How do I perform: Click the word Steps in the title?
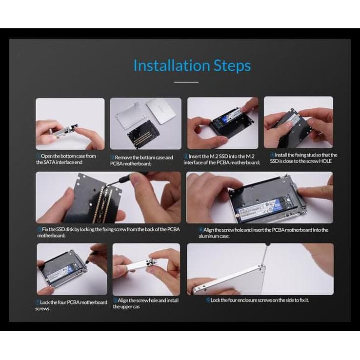232,66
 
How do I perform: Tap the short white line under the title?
186,82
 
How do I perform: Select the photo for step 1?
70,123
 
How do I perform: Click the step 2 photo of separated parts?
145,123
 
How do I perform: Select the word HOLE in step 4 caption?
324,161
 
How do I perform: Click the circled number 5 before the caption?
39,230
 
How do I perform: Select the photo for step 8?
146,269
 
